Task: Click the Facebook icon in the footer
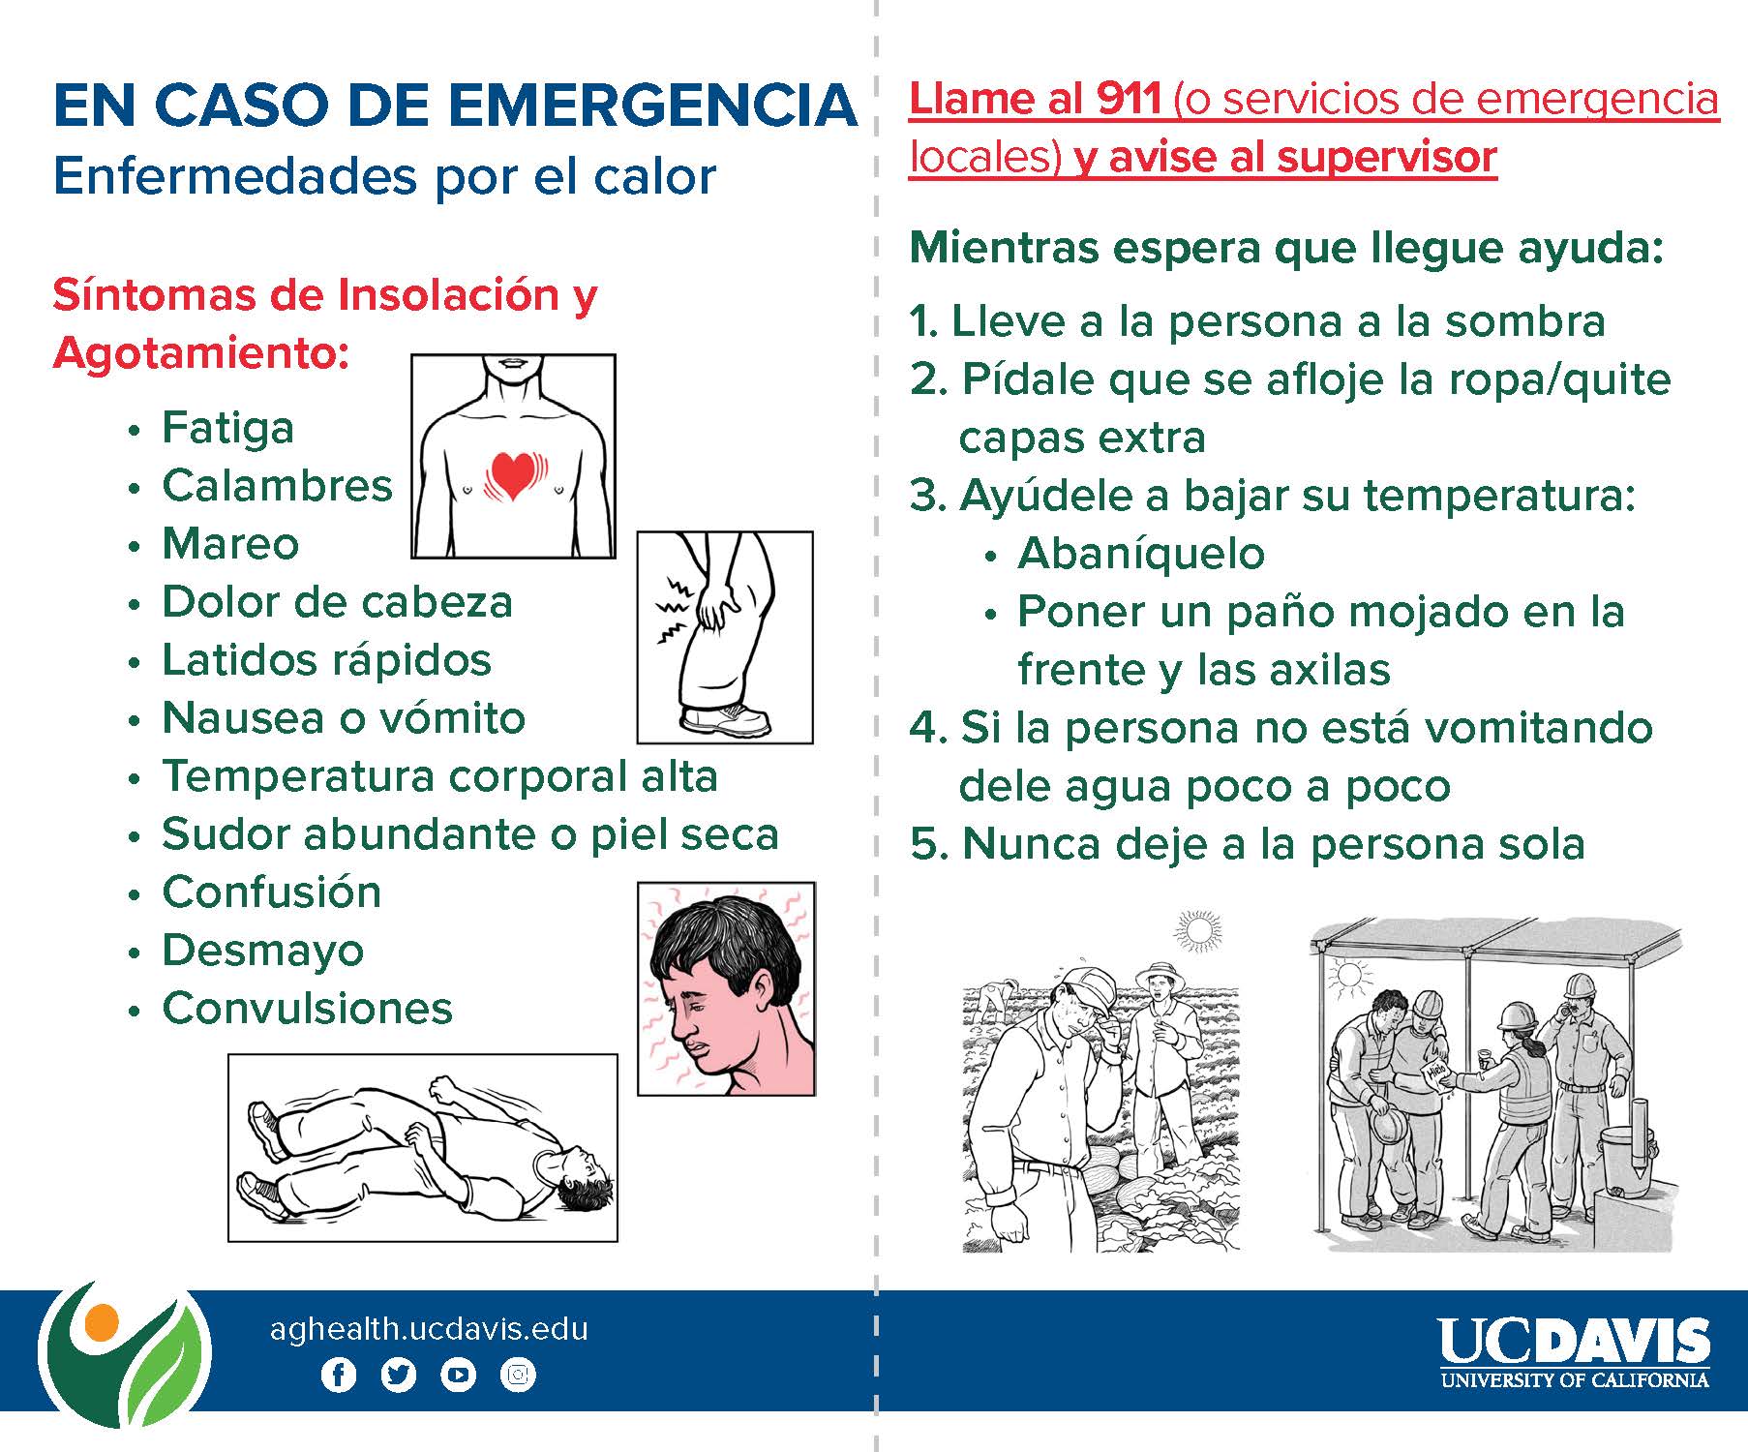(338, 1375)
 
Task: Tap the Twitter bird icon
(398, 1375)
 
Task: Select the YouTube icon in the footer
(458, 1375)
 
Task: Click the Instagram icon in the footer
(518, 1375)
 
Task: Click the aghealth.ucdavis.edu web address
(429, 1329)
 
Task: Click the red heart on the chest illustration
(514, 473)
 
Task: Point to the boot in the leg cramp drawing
(725, 719)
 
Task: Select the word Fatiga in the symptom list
(227, 428)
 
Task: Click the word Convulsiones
(307, 1009)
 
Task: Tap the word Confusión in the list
(272, 892)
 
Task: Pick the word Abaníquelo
(1141, 555)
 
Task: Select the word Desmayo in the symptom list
(262, 951)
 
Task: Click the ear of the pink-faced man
(757, 987)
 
